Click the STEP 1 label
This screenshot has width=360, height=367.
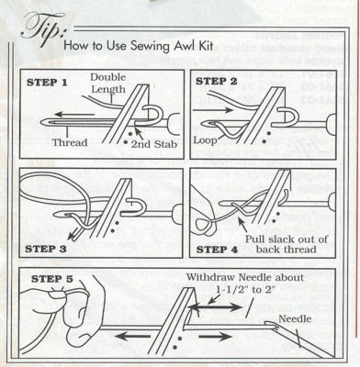point(47,83)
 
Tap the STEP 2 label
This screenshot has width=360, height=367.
point(216,82)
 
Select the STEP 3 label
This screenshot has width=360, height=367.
point(45,249)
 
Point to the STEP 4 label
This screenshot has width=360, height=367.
point(217,250)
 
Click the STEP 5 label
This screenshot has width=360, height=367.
point(52,279)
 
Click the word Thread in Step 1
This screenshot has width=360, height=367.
point(70,142)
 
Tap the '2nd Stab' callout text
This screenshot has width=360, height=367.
point(154,144)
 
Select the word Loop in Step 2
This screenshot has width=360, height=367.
point(205,139)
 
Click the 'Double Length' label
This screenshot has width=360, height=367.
point(108,83)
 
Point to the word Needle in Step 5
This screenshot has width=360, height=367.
point(295,318)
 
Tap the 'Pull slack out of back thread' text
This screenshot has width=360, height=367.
point(287,244)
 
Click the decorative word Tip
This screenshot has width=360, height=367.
point(44,29)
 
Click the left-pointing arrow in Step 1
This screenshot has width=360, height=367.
point(74,115)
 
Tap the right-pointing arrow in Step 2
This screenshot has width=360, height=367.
point(213,110)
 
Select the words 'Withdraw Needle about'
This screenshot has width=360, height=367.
point(245,278)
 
